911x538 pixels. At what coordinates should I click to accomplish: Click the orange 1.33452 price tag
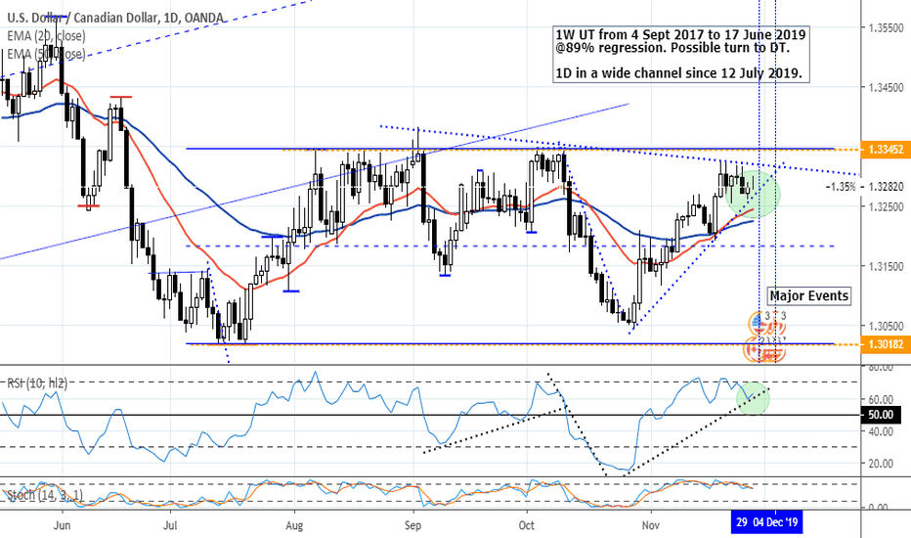click(885, 149)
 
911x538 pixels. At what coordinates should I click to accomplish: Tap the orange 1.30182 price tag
click(885, 343)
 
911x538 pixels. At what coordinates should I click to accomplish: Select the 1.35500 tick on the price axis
click(886, 29)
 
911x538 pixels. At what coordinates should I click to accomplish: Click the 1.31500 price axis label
click(886, 266)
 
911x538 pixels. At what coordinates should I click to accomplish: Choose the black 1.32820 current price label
click(886, 186)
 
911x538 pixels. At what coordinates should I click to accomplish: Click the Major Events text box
click(808, 296)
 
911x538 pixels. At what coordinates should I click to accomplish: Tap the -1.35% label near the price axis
click(843, 186)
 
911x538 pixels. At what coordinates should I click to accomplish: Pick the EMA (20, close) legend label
click(47, 36)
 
